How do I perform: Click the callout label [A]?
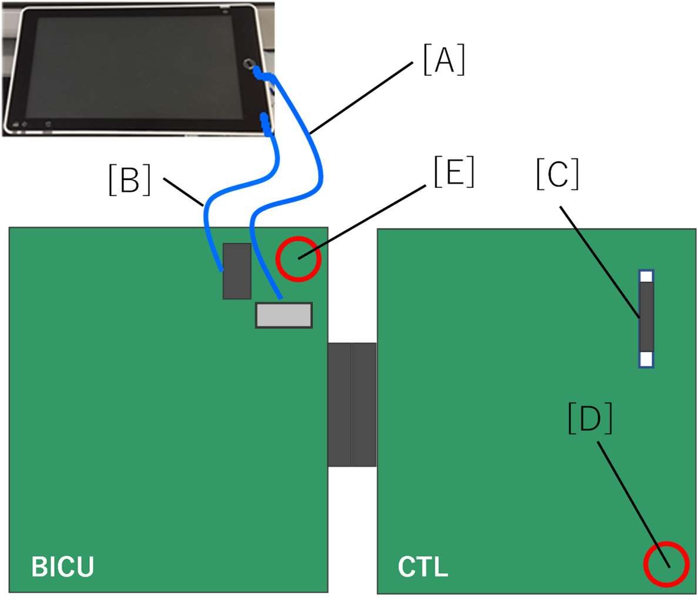[x=444, y=61]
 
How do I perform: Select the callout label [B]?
[x=130, y=180]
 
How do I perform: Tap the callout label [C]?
[x=557, y=175]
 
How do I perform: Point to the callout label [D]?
[x=590, y=419]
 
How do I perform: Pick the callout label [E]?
[x=453, y=173]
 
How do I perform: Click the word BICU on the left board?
[x=62, y=567]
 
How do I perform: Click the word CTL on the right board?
[x=422, y=567]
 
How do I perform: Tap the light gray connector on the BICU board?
[x=284, y=315]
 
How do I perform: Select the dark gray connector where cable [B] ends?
[x=237, y=271]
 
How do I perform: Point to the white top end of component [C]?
[x=646, y=276]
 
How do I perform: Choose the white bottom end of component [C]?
[x=646, y=359]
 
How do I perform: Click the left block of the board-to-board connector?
[x=339, y=405]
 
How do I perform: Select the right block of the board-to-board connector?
[x=364, y=405]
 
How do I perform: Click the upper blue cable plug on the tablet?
[x=259, y=73]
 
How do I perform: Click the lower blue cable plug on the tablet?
[x=266, y=124]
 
